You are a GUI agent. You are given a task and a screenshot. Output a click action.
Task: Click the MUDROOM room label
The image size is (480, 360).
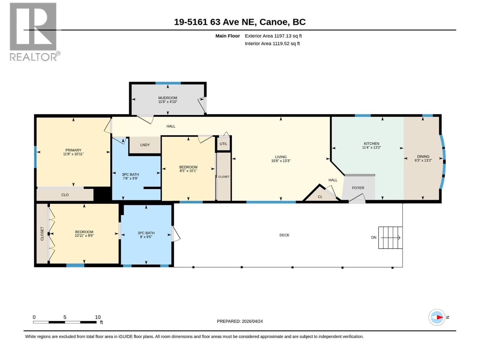[x=168, y=98]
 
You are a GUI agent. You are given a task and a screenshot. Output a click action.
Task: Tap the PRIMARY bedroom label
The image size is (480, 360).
[x=73, y=150]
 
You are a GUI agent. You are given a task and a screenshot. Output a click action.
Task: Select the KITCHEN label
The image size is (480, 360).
[x=371, y=144]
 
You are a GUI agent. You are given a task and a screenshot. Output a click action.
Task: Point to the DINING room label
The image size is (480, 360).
[x=423, y=157]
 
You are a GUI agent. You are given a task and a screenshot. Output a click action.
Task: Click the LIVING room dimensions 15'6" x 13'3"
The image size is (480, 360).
[x=281, y=161]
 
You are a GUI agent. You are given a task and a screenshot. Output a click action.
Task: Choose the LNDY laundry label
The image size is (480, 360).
[x=145, y=145]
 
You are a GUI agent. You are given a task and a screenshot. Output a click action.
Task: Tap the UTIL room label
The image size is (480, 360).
[x=223, y=144]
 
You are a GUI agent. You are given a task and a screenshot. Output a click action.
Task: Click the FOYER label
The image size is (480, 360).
[x=358, y=188]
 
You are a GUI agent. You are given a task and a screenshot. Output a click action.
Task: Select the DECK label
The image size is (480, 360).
[x=284, y=235]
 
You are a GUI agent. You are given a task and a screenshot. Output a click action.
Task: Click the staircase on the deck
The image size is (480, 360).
[x=390, y=238]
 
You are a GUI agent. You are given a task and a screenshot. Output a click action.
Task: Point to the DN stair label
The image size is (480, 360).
[x=374, y=237]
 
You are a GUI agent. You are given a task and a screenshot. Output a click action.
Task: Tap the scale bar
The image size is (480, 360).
[x=65, y=322]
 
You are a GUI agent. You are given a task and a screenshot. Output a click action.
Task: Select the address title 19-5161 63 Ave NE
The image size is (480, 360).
[x=214, y=22]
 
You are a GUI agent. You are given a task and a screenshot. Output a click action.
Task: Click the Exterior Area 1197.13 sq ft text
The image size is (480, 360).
[x=273, y=36]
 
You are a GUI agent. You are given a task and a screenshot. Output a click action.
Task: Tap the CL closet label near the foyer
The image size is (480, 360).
[x=320, y=197]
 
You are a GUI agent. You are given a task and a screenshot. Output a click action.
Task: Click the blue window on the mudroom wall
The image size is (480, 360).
[x=168, y=83]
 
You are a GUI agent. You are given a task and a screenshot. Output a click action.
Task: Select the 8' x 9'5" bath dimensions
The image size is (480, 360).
[x=146, y=237]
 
